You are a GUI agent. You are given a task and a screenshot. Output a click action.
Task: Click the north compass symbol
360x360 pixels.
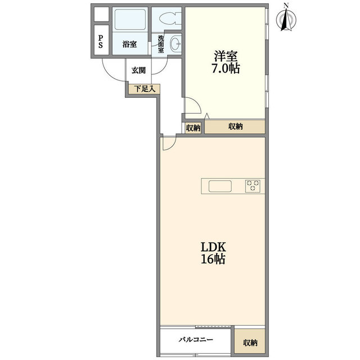click(x=286, y=18)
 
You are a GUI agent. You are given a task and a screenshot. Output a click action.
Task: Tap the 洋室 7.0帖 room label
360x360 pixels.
click(x=226, y=62)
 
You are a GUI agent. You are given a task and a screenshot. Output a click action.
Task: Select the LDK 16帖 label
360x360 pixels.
click(x=214, y=253)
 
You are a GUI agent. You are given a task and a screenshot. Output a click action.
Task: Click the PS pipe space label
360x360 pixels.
click(x=100, y=42)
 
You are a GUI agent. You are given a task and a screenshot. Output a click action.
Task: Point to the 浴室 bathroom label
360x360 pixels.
click(x=129, y=44)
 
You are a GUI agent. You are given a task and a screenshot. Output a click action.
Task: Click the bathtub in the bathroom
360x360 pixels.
click(x=130, y=20)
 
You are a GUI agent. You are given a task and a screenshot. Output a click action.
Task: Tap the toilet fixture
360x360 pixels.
click(x=170, y=19)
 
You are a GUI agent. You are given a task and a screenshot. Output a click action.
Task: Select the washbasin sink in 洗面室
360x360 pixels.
click(x=176, y=43)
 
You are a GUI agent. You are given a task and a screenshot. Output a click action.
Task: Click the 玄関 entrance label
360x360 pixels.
click(x=138, y=70)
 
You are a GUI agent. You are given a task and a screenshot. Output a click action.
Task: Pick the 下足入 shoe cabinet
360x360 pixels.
click(x=144, y=89)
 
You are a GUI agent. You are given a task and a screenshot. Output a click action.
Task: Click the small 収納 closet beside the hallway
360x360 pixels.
click(x=193, y=128)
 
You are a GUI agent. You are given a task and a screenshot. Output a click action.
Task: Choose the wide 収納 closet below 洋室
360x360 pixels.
click(x=235, y=127)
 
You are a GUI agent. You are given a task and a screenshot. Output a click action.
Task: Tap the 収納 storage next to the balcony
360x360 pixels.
click(x=250, y=342)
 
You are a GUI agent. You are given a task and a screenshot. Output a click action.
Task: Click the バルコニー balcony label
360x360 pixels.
click(x=196, y=339)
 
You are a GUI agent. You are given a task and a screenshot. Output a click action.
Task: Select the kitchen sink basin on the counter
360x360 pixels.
click(x=220, y=186)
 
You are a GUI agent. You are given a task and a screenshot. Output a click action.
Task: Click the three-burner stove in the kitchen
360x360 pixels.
click(x=253, y=186)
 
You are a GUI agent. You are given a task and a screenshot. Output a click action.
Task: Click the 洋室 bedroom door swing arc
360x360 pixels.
click(x=197, y=103)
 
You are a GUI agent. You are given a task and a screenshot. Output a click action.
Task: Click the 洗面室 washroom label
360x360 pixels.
click(x=161, y=44)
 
